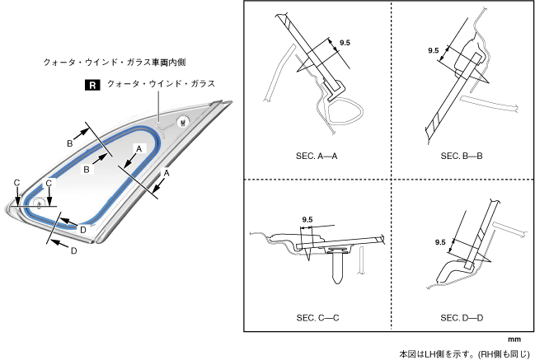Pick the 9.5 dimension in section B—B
coord(434,50)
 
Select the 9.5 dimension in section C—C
coord(307,219)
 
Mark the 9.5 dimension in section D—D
coord(440,242)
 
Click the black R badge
coord(92,84)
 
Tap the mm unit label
coord(514,339)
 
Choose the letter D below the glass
coord(73,251)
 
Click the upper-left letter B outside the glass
coord(71,144)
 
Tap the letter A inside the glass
coord(140,147)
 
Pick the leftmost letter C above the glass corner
coord(16,182)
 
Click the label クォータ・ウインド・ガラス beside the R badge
coord(161,84)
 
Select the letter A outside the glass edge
coord(166,174)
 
